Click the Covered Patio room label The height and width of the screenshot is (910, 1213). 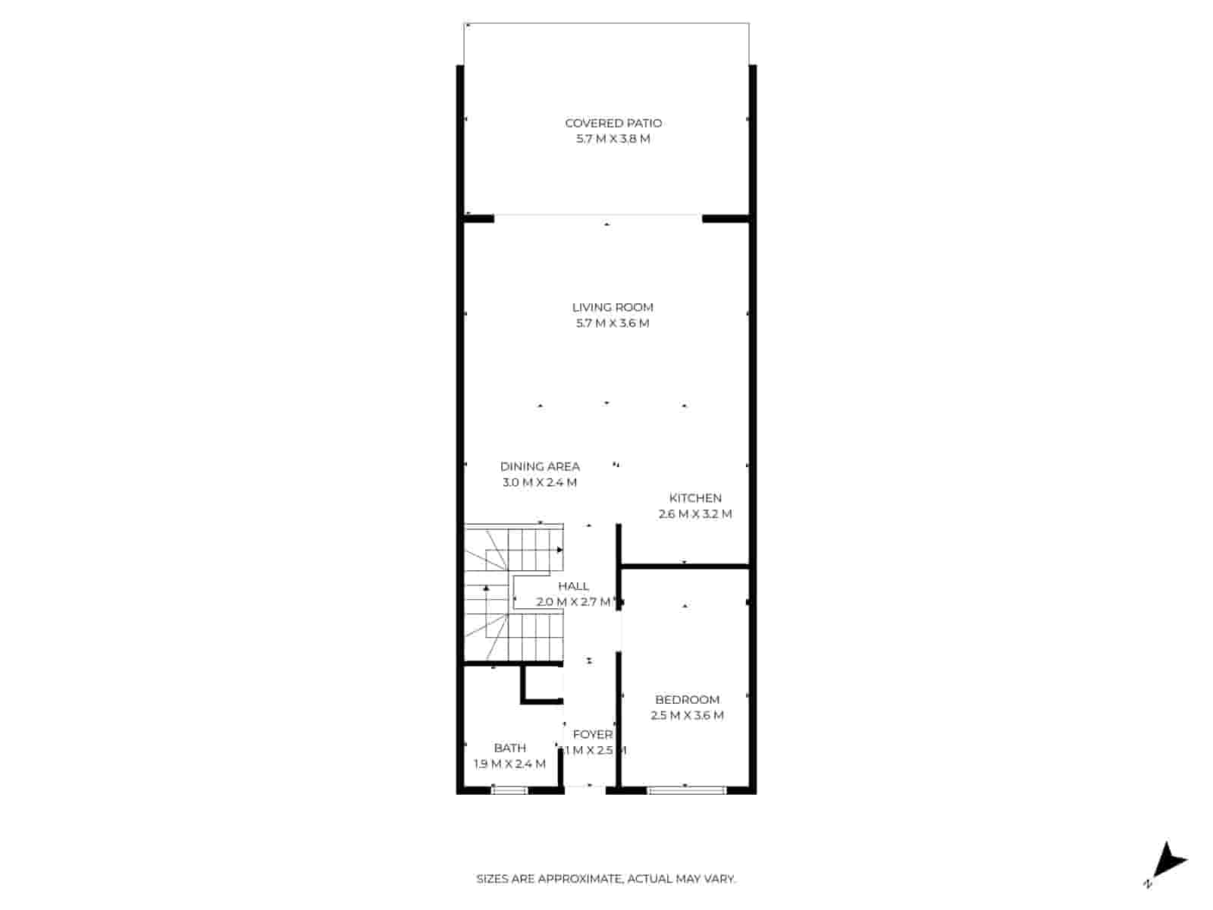[x=613, y=123]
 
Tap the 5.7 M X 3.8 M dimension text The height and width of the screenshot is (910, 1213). [x=613, y=139]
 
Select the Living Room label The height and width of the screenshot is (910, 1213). [x=613, y=307]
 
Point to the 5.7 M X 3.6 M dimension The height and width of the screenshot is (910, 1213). [x=613, y=323]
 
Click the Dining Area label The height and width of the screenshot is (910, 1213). [x=540, y=466]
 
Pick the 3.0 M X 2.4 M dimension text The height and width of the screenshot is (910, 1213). [x=540, y=482]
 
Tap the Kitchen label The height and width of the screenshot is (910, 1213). [x=695, y=498]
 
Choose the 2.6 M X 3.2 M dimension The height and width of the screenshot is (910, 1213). [x=695, y=514]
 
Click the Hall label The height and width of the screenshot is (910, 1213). [x=573, y=586]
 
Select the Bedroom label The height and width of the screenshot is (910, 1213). [x=688, y=700]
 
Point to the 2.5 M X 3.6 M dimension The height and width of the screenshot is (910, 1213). [x=688, y=716]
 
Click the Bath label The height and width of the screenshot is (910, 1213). [x=509, y=748]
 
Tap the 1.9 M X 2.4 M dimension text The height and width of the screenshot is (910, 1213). [x=509, y=764]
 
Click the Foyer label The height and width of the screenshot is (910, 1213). [x=593, y=735]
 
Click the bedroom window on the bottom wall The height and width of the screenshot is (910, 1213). [x=687, y=790]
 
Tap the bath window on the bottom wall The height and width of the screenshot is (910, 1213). [x=509, y=790]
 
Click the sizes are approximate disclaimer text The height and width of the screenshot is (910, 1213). [x=606, y=880]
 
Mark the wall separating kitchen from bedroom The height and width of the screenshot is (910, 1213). [x=685, y=566]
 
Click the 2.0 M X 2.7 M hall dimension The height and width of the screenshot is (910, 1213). [x=573, y=602]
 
